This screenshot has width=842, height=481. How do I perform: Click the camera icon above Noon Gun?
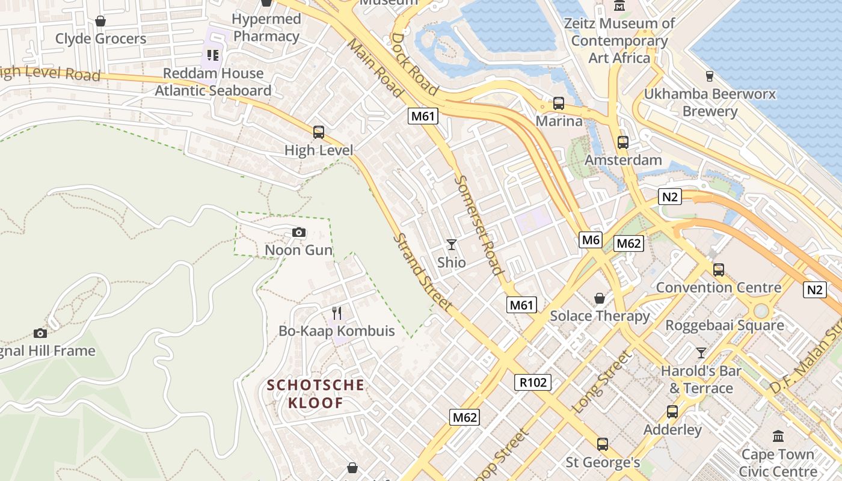tap(298, 232)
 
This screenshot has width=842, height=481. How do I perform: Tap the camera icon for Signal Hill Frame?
tap(40, 333)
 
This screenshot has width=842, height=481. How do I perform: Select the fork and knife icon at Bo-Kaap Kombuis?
tap(337, 313)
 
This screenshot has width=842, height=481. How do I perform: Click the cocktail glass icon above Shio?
tap(452, 244)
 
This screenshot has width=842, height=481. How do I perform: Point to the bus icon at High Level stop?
tap(319, 132)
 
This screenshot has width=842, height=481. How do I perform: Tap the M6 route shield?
tap(591, 240)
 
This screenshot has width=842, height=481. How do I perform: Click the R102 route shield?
tap(532, 382)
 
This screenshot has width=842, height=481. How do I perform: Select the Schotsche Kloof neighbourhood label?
tap(316, 394)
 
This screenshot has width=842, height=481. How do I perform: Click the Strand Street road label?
tap(422, 272)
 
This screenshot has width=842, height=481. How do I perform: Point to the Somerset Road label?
tap(479, 225)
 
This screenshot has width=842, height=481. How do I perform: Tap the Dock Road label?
tap(414, 64)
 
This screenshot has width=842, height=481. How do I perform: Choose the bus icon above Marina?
tap(559, 103)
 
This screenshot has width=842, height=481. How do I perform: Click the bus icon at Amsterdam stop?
tap(623, 142)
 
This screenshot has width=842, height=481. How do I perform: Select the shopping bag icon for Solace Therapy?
tap(600, 298)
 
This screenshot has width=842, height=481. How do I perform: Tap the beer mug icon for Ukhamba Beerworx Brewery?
tap(709, 76)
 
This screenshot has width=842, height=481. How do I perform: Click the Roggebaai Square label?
tap(724, 325)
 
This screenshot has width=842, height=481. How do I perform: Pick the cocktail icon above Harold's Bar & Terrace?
tap(701, 352)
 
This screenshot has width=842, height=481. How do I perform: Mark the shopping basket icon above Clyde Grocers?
tap(100, 21)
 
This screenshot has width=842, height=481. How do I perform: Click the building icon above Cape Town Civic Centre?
tap(778, 436)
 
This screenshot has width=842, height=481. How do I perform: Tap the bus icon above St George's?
tap(603, 444)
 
